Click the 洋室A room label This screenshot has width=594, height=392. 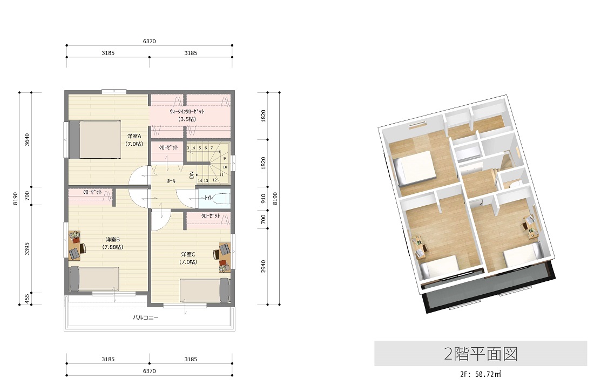(134, 136)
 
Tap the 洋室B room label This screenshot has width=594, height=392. (113, 239)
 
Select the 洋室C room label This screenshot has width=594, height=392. (188, 254)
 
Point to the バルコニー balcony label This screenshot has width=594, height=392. (145, 317)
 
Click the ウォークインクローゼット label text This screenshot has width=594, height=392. (187, 111)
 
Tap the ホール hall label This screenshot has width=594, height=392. (171, 181)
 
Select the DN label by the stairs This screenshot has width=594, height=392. (192, 175)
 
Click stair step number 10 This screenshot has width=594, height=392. (225, 167)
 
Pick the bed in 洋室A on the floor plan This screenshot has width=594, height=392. (94, 139)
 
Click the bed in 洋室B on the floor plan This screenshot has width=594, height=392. (94, 279)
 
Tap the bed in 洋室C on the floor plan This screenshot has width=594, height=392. (205, 290)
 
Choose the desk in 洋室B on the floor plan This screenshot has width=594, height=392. (75, 246)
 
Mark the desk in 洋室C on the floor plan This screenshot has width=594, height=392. (224, 258)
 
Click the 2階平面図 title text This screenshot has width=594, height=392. (481, 354)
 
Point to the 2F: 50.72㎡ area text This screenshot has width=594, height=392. (481, 374)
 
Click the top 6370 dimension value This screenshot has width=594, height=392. (149, 41)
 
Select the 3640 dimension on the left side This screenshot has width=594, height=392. (27, 139)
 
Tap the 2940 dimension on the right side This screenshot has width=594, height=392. (264, 266)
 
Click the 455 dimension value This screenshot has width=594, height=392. (27, 299)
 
